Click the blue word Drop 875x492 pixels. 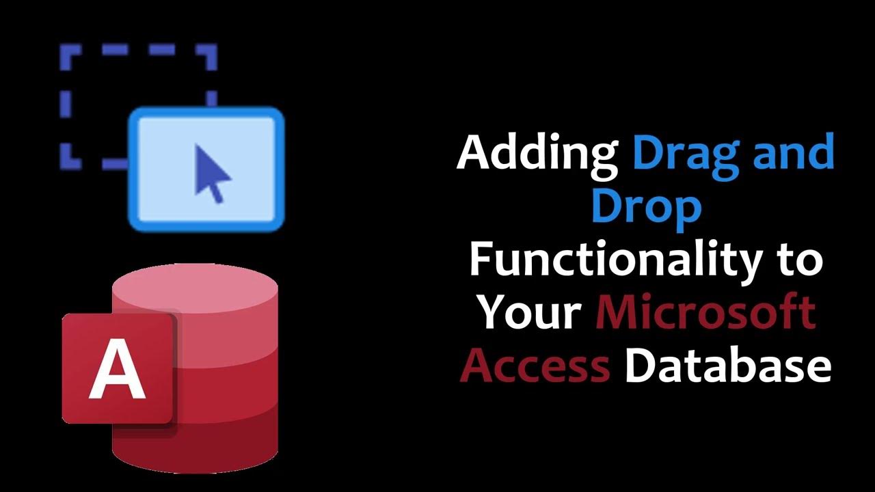coord(646,208)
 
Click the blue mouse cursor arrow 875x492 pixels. coord(212,173)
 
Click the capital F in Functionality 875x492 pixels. coord(481,260)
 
